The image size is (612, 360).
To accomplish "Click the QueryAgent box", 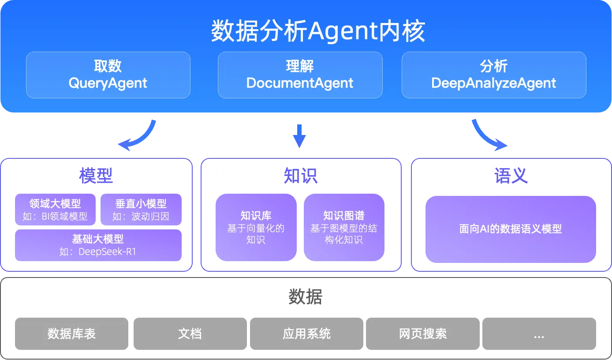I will click(x=108, y=75).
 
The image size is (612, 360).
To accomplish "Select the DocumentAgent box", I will click(x=300, y=75).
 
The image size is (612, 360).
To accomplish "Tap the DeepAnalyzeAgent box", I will click(x=494, y=75).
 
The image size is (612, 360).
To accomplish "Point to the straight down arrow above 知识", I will click(x=300, y=135).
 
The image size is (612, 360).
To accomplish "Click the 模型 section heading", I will click(x=96, y=176).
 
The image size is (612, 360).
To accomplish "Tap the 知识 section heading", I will click(x=301, y=176).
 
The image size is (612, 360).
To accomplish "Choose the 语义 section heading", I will click(x=511, y=176).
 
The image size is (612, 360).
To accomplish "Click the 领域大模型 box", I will click(x=55, y=210).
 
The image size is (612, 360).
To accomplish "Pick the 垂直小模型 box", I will click(x=141, y=210).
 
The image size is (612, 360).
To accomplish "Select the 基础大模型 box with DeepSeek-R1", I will click(x=98, y=245).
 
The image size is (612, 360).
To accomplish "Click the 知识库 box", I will click(x=256, y=227).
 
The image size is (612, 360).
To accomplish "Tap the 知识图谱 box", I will click(x=344, y=227).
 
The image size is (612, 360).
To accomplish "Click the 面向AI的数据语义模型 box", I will click(x=511, y=229).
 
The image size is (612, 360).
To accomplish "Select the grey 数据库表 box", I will click(x=71, y=334).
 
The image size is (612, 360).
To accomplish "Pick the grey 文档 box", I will click(x=190, y=334).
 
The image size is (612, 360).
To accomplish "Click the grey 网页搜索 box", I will click(x=423, y=334).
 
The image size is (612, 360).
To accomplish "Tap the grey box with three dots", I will click(x=539, y=334).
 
